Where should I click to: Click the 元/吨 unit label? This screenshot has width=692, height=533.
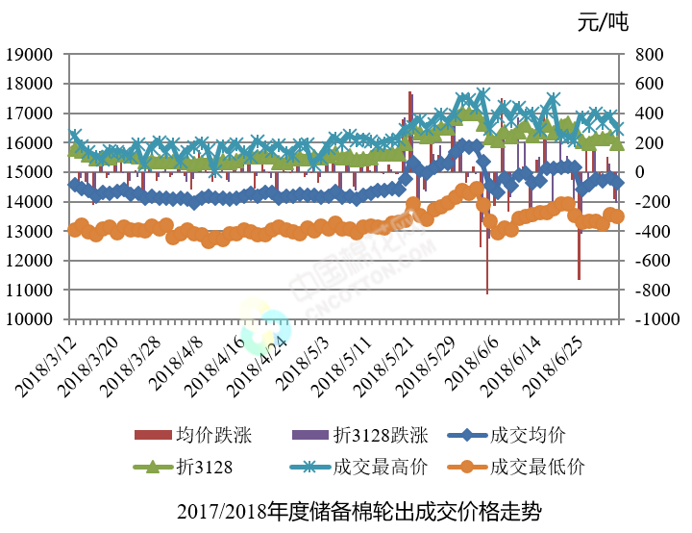603,22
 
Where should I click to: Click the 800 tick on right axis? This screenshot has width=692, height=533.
647,55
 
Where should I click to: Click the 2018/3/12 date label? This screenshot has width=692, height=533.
48,363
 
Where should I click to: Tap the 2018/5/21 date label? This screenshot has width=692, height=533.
388,363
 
